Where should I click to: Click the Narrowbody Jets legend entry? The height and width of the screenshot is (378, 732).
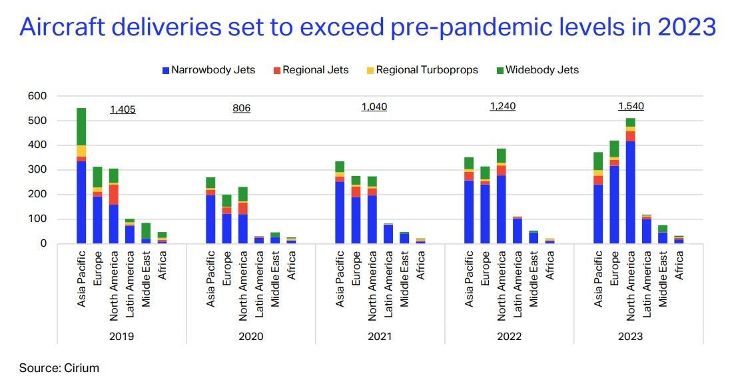(x=208, y=70)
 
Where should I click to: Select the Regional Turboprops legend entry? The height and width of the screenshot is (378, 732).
(x=422, y=70)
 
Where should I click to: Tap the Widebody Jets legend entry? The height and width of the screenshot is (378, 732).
(x=538, y=70)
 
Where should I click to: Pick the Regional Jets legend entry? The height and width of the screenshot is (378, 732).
(x=310, y=70)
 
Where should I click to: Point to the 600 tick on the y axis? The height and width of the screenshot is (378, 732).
(x=38, y=96)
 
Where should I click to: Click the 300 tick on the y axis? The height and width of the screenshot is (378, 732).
(x=38, y=170)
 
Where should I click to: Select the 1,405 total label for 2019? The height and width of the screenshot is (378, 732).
(x=123, y=109)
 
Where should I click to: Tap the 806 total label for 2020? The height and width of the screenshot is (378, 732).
(x=241, y=108)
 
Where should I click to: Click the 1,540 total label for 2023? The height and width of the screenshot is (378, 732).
(x=631, y=106)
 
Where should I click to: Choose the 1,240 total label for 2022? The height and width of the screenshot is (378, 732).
(x=502, y=106)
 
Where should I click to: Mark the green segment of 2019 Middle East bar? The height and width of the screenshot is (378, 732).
(x=146, y=231)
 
